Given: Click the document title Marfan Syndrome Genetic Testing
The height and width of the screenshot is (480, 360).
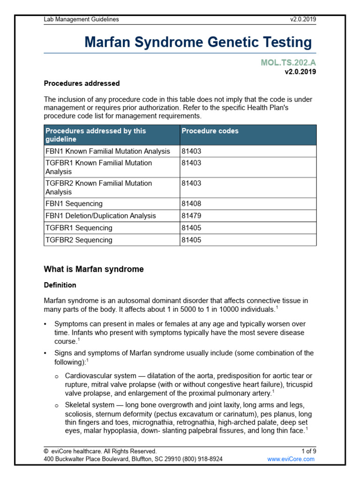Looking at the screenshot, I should coord(198,42).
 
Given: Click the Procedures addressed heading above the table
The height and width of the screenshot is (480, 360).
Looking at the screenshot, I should coord(82,83).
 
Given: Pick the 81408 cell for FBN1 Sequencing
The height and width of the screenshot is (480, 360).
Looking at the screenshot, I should coord(191,204).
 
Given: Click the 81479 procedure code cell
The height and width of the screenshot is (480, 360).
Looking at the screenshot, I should coord(191,216).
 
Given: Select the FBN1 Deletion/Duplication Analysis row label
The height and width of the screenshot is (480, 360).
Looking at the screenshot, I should coord(101,216).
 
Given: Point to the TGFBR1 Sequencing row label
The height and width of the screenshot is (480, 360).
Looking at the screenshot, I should coord(79,228).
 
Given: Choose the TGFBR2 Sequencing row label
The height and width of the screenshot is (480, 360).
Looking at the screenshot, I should coord(79,240).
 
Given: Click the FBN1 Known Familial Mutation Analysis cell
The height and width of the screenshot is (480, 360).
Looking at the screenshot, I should coord(107,151).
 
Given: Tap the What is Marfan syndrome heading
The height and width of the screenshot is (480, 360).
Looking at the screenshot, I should coord(94,270).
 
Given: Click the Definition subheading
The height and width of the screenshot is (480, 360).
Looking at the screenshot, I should coord(60,285).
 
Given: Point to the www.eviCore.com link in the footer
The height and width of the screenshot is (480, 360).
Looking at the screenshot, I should coord(291,459).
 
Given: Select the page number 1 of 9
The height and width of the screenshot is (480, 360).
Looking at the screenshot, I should coord(309,451).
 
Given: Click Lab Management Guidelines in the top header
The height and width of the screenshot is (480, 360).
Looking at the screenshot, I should coord(82,19).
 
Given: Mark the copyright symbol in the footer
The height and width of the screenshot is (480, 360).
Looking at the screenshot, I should coord(46,451).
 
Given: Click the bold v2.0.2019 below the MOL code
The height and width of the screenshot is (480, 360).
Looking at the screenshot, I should coord(300,72).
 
